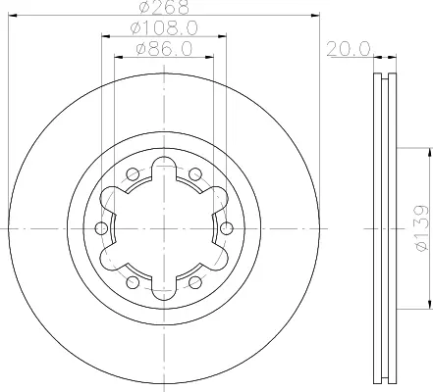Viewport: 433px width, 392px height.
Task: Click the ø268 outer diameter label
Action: pos(165,7)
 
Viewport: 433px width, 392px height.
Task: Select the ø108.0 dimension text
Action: pos(164,28)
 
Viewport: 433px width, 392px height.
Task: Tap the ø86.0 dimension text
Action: pos(164,49)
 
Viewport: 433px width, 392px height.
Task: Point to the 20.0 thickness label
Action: pos(349,49)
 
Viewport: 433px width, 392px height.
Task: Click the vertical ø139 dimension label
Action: pos(421,228)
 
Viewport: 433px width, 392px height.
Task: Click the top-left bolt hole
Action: pos(133,174)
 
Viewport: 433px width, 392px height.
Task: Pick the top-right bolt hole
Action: pos(195,174)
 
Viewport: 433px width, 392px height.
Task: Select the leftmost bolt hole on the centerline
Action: pos(101,228)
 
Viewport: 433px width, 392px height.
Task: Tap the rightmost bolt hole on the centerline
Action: pos(227,228)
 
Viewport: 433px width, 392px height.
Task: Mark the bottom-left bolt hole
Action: pos(133,282)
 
